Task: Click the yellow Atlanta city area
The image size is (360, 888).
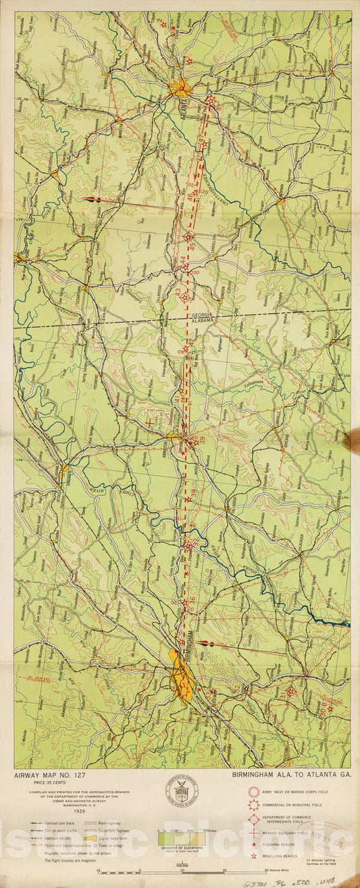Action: click(x=180, y=87)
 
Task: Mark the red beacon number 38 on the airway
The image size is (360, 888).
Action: click(x=194, y=494)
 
